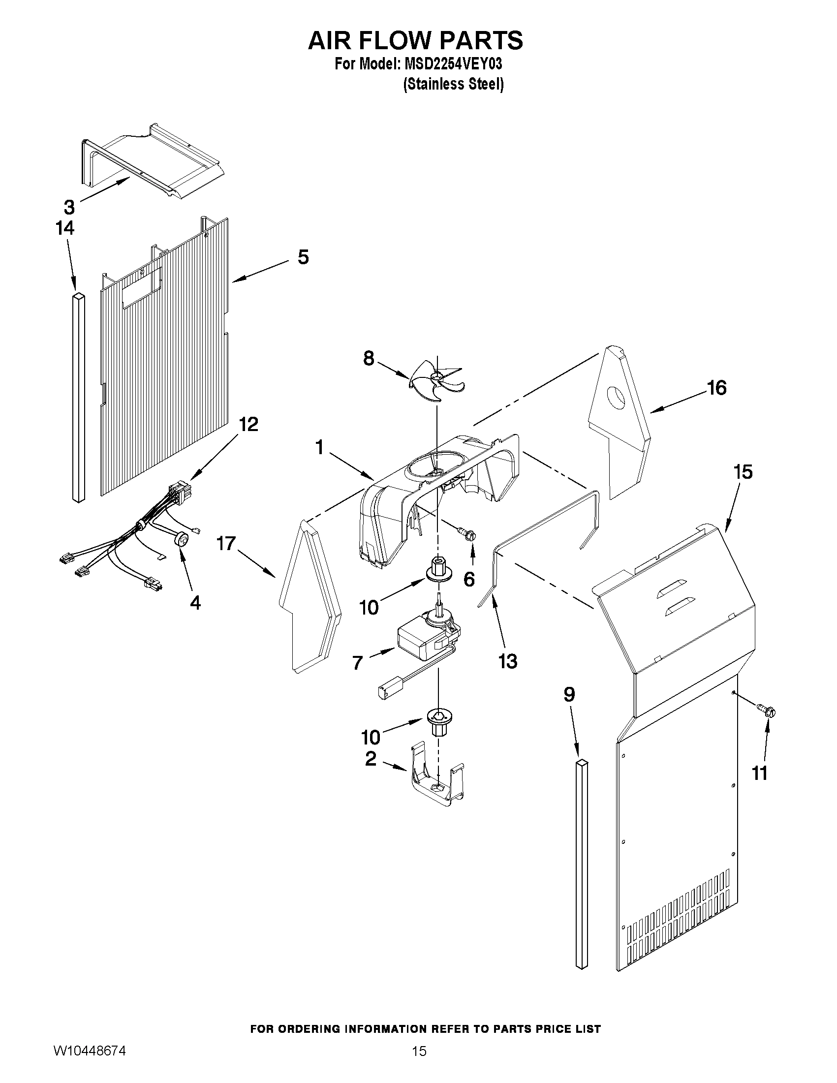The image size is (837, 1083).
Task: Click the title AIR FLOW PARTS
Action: pyautogui.click(x=415, y=40)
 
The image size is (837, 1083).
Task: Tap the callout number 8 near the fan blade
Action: pyautogui.click(x=369, y=358)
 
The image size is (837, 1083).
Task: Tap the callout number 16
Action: pyautogui.click(x=716, y=388)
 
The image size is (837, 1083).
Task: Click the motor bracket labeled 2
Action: pyautogui.click(x=436, y=780)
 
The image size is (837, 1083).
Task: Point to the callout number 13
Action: pyautogui.click(x=508, y=660)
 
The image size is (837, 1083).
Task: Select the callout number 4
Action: pyautogui.click(x=196, y=602)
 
